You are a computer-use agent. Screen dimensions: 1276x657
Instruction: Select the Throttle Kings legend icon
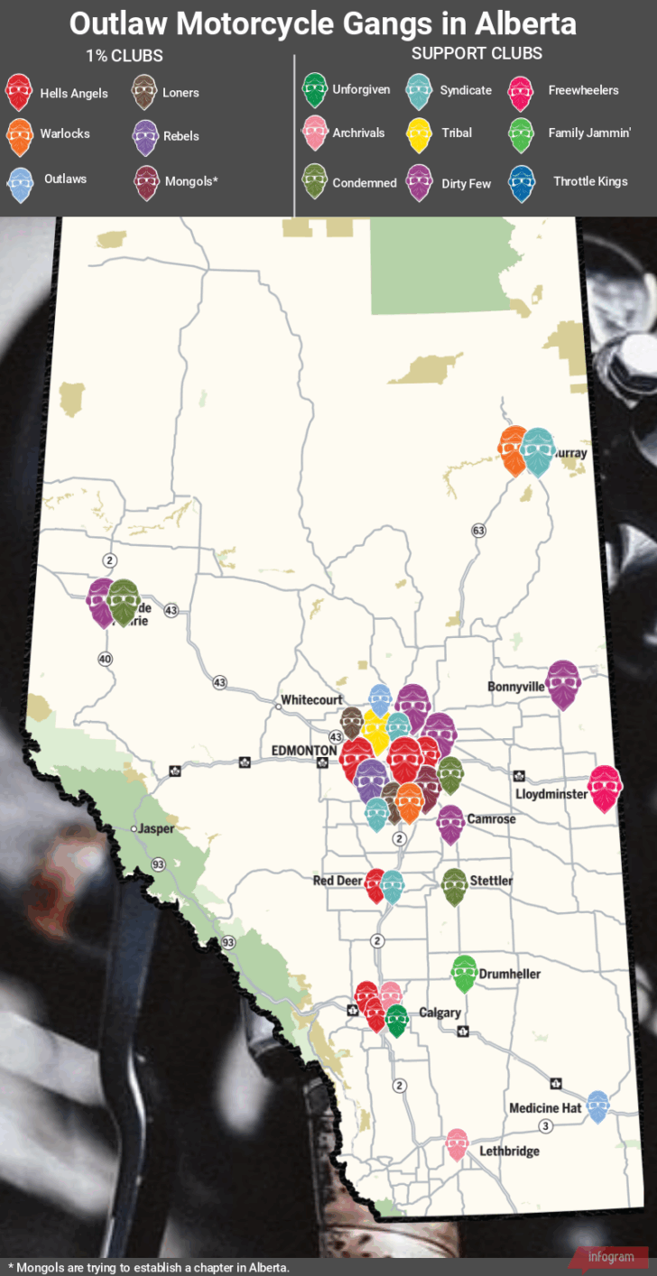pyautogui.click(x=522, y=181)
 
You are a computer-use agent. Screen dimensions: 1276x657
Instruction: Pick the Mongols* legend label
pyautogui.click(x=191, y=180)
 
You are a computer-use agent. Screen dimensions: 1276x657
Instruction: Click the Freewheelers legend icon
pyautogui.click(x=522, y=90)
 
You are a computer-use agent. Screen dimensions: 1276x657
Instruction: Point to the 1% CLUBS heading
pyautogui.click(x=125, y=56)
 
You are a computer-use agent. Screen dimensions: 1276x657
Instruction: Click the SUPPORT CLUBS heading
pyautogui.click(x=477, y=53)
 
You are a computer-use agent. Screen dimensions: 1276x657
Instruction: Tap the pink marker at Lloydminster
pyautogui.click(x=603, y=788)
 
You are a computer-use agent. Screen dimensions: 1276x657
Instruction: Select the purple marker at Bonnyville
pyautogui.click(x=562, y=683)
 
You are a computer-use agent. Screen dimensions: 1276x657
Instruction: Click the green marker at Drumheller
pyautogui.click(x=464, y=973)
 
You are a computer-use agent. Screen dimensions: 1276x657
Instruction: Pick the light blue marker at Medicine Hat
pyautogui.click(x=597, y=1105)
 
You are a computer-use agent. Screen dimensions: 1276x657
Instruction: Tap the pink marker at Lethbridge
pyautogui.click(x=458, y=1144)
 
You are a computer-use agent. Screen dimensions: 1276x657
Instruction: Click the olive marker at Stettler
pyautogui.click(x=455, y=886)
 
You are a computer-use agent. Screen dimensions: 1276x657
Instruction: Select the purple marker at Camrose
pyautogui.click(x=450, y=822)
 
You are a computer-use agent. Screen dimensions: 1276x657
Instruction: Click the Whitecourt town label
pyautogui.click(x=311, y=699)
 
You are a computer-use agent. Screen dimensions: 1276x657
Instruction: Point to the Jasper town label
pyautogui.click(x=156, y=828)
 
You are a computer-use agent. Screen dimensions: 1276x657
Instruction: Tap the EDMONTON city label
pyautogui.click(x=304, y=750)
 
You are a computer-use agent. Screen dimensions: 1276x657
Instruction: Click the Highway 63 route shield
pyautogui.click(x=477, y=531)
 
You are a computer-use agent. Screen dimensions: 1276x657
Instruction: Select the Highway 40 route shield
pyautogui.click(x=106, y=659)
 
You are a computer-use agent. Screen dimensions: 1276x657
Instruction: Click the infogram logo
pyautogui.click(x=610, y=1257)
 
